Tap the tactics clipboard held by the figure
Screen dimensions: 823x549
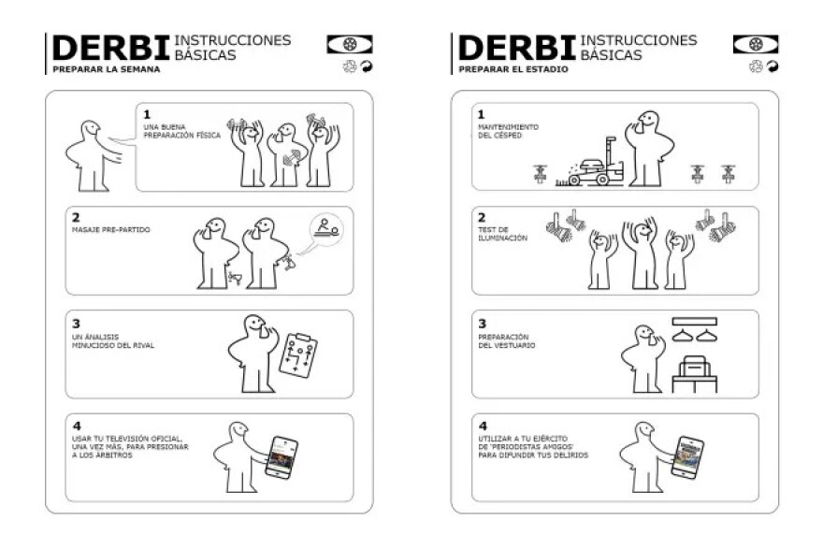[x=298, y=354]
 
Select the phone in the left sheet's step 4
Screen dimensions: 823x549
[x=282, y=457]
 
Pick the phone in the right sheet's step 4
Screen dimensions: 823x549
[x=687, y=457]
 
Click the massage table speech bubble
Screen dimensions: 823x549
[x=326, y=229]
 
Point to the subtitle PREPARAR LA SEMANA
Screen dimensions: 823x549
[x=107, y=69]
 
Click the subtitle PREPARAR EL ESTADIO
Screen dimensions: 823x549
[x=513, y=69]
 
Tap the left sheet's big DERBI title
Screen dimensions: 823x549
[x=110, y=48]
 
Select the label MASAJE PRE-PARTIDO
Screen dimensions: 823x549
[x=110, y=230]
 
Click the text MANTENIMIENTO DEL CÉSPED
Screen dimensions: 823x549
[x=508, y=131]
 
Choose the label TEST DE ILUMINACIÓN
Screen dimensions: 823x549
[x=502, y=234]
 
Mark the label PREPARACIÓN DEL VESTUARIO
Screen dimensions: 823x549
[x=507, y=341]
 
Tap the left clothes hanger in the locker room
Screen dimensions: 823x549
[x=683, y=335]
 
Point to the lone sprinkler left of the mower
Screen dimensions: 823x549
[x=541, y=174]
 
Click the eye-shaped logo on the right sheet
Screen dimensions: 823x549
[x=756, y=45]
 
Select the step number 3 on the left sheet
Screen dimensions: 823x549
[x=76, y=324]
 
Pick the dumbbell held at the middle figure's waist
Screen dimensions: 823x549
[x=291, y=157]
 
